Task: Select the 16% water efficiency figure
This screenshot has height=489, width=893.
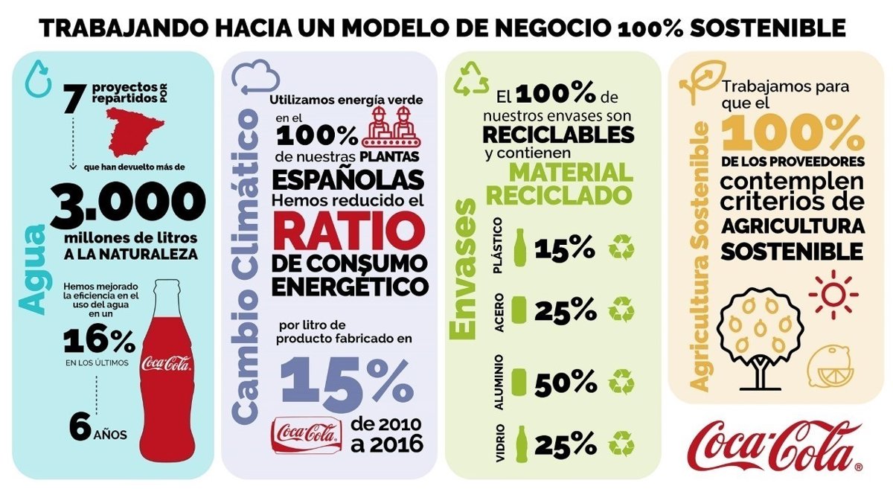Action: tap(99, 340)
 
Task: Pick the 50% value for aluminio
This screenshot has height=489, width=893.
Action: tap(563, 382)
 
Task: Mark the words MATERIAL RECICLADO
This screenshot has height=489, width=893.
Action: tap(570, 184)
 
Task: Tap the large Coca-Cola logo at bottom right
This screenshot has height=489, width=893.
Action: tap(774, 445)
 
